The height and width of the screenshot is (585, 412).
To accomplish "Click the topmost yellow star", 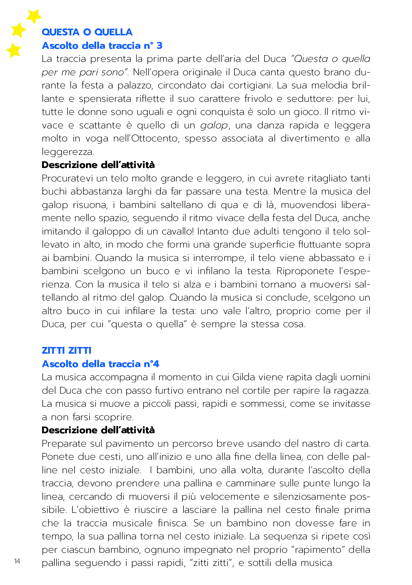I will click(34, 16).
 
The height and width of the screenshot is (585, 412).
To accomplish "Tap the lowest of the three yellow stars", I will click(14, 50).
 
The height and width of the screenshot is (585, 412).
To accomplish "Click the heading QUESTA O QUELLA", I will click(87, 32).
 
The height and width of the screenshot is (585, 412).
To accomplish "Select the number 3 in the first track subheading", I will click(159, 46).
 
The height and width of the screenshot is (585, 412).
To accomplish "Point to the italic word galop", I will click(214, 126).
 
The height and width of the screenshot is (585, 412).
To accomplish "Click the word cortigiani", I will click(247, 86).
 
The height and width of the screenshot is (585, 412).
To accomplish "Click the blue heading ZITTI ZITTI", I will click(66, 351).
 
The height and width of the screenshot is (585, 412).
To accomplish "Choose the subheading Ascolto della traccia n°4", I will click(100, 364).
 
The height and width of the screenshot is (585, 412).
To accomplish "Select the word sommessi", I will click(262, 404).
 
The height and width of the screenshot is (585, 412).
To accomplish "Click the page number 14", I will click(17, 561).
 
